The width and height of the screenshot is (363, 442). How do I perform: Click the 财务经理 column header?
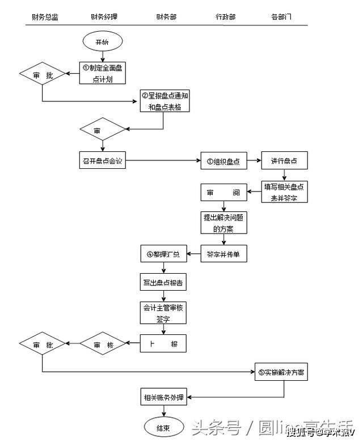coord(104,17)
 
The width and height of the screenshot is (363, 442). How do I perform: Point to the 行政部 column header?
coord(225,17)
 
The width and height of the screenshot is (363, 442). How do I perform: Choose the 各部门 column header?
coord(281,17)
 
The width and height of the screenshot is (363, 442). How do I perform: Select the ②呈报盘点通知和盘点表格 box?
coord(164,101)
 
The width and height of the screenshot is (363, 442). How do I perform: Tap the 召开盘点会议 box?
coord(102,160)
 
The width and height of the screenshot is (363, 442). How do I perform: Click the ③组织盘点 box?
coord(223,160)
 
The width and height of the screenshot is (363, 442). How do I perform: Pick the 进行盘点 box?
coord(284,160)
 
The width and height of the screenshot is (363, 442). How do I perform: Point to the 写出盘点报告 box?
coord(163,282)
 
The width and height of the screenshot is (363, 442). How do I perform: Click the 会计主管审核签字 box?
coord(163,312)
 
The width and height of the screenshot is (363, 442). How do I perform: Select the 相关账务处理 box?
coord(163,397)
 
